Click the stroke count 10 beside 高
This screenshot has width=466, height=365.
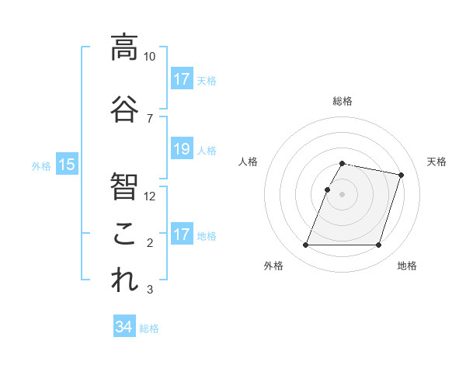149,57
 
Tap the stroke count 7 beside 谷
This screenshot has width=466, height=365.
149,119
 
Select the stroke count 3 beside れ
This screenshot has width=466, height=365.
149,290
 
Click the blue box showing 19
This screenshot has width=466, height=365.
181,149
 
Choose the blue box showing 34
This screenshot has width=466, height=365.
123,327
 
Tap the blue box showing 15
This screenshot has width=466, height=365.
66,164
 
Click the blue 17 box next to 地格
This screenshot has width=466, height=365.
181,235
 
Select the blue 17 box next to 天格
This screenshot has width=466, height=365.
181,78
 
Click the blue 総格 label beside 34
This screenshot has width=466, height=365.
149,328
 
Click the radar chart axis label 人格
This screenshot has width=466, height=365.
248,162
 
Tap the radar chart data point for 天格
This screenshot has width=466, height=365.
402,176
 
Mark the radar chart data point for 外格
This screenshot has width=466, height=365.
306,245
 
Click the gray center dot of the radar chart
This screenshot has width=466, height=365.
343,195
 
